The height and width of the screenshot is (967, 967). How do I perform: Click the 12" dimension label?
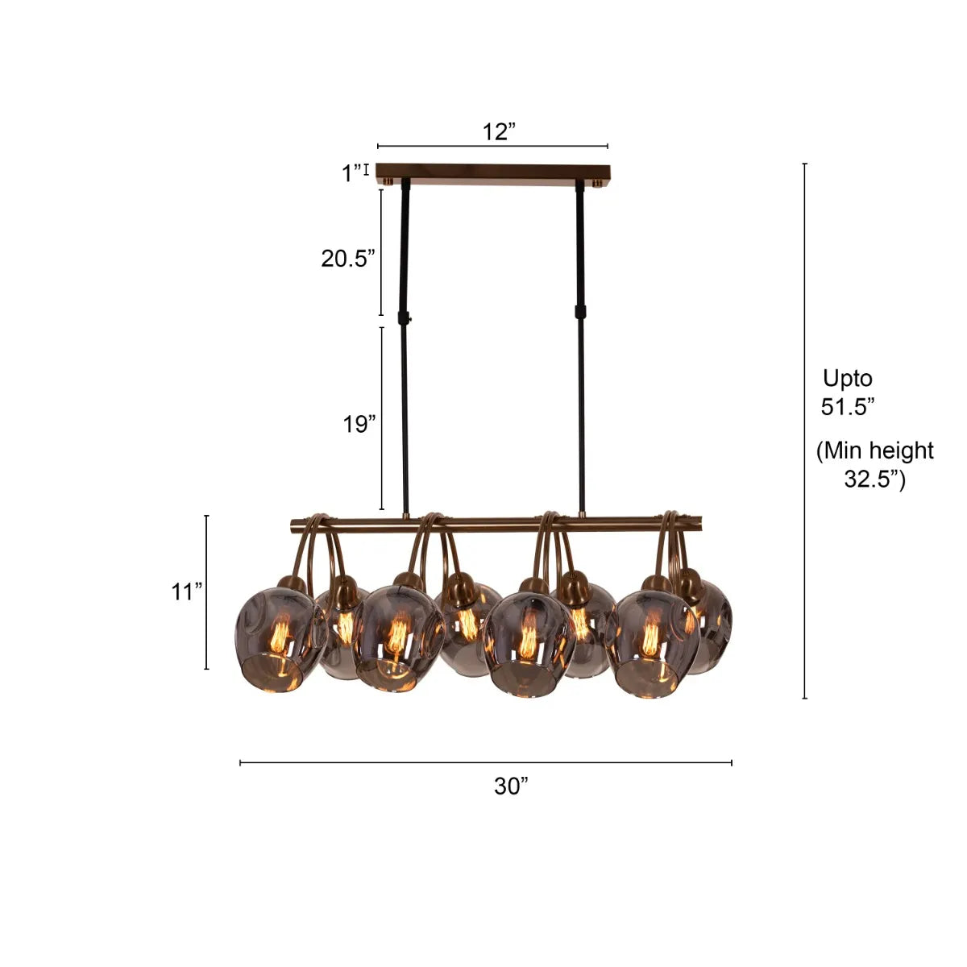coord(499,131)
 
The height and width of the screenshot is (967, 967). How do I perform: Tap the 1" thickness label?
coord(352,173)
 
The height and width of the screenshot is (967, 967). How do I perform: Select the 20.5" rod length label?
coord(348,259)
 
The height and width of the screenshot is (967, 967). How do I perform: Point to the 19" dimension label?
coord(359,424)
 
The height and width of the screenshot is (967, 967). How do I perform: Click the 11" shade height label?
coord(187,591)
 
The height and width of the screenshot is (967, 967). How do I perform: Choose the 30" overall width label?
coord(511,786)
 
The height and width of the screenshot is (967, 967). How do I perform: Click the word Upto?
coord(848,379)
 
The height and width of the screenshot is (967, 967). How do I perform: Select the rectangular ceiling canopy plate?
coord(493,175)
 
